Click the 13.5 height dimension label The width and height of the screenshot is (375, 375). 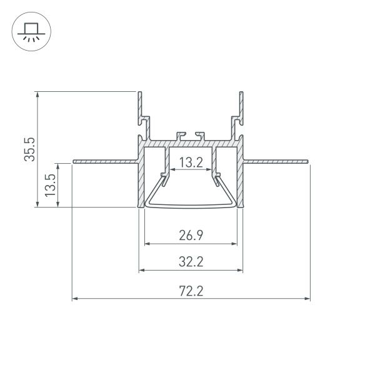point(51,185)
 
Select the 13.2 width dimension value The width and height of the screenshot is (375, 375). point(191,164)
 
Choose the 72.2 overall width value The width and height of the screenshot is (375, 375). point(191,291)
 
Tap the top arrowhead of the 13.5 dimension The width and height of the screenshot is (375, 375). point(61,166)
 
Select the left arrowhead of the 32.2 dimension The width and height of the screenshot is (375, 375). point(141,270)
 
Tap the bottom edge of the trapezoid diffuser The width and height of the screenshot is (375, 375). point(191,205)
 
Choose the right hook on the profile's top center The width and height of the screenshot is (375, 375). point(200,135)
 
